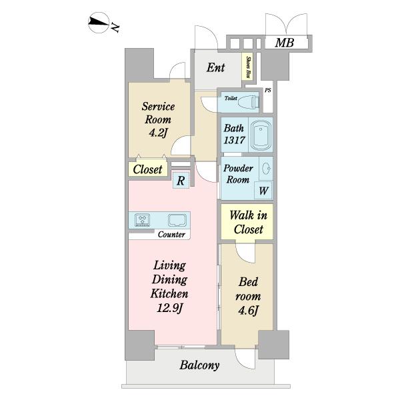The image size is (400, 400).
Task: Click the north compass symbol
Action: click(x=99, y=23)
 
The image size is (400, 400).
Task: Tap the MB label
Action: click(x=285, y=43)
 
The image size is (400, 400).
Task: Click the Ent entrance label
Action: click(x=215, y=67)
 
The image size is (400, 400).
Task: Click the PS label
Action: click(x=267, y=90)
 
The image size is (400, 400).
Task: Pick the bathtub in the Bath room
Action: click(x=261, y=135)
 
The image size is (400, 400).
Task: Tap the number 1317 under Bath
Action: click(x=235, y=140)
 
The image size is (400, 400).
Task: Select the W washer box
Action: click(x=263, y=191)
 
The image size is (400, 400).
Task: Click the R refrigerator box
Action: click(x=181, y=181)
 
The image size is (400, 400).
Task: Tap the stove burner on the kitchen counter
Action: click(x=142, y=219)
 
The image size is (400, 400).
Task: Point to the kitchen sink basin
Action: click(x=177, y=220)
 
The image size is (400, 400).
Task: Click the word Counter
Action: click(x=171, y=235)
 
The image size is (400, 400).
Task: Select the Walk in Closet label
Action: click(x=248, y=222)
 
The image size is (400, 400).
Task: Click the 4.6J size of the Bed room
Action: click(x=248, y=311)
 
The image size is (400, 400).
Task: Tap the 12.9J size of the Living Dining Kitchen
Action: click(x=169, y=309)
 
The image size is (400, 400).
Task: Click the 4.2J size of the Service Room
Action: click(x=158, y=133)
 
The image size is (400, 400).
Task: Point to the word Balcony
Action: click(x=199, y=365)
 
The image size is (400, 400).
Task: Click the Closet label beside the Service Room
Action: click(x=147, y=169)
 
